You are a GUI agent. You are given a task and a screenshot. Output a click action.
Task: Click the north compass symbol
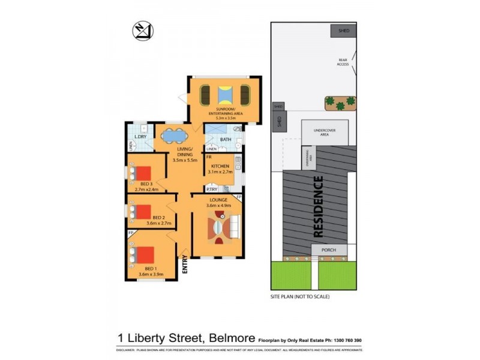142,31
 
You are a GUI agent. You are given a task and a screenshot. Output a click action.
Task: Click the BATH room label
226,139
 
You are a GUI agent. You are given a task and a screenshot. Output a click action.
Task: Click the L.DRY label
141,137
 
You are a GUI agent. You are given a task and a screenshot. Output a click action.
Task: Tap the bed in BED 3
140,172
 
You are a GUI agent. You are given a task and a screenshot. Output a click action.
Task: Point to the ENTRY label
185,265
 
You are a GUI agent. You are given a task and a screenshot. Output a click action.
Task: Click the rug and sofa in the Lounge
222,229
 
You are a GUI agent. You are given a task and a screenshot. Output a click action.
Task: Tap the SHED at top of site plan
343,31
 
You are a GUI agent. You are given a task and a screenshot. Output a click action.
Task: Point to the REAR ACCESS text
343,62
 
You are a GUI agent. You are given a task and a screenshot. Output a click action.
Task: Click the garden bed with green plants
340,103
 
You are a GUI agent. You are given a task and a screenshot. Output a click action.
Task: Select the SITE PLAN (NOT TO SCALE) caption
300,296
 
